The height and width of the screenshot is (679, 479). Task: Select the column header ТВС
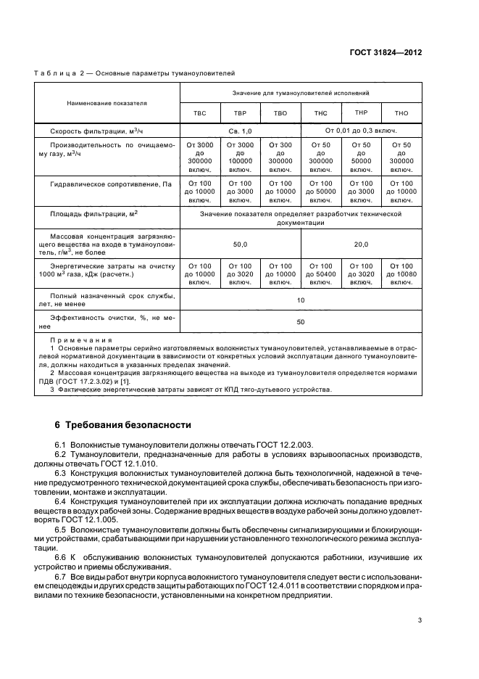tap(199, 113)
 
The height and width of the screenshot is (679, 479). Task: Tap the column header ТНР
tap(362, 112)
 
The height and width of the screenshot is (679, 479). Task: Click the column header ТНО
tap(401, 113)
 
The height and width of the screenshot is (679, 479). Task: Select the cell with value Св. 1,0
tap(240, 131)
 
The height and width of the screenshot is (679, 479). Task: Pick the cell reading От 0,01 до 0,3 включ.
tap(361, 131)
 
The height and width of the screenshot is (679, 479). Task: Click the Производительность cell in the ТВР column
tap(240, 157)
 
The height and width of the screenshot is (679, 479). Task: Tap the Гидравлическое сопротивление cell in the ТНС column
tap(321, 192)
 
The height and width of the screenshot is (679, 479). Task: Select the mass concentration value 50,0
tap(240, 244)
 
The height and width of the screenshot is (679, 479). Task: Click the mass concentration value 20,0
tap(361, 244)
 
